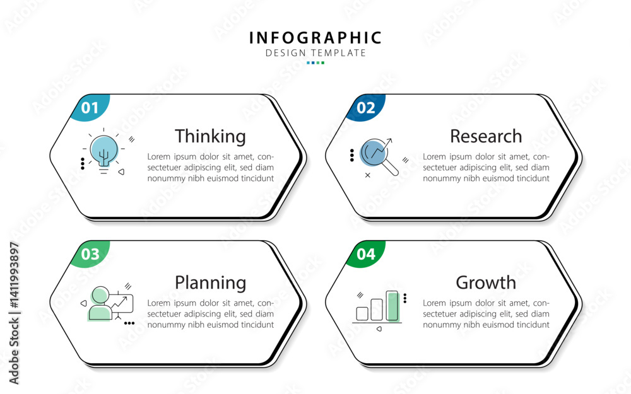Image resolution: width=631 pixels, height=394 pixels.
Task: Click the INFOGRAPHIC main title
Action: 315,38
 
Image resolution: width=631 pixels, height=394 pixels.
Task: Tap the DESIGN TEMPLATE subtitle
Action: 315,53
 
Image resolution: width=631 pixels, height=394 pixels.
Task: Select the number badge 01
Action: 90,107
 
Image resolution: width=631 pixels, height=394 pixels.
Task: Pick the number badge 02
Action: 365,107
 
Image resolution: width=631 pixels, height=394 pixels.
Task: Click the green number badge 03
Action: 90,253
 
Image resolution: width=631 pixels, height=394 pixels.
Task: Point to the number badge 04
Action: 365,253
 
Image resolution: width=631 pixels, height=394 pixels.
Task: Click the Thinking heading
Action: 210,137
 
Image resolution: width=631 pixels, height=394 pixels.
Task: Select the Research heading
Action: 486,136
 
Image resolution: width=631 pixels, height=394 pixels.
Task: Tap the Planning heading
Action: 210,283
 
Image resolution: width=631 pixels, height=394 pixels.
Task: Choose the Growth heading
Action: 486,282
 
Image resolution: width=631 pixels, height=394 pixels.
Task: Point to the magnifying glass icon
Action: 377,156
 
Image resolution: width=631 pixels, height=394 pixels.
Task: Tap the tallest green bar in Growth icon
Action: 392,306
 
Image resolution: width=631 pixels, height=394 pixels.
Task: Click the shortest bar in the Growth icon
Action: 362,313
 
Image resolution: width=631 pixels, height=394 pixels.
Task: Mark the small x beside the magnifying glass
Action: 367,175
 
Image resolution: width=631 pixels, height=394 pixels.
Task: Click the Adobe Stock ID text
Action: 14,313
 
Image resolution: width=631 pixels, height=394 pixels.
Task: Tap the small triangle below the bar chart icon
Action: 379,329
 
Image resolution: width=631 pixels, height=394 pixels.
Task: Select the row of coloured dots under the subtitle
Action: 315,62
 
